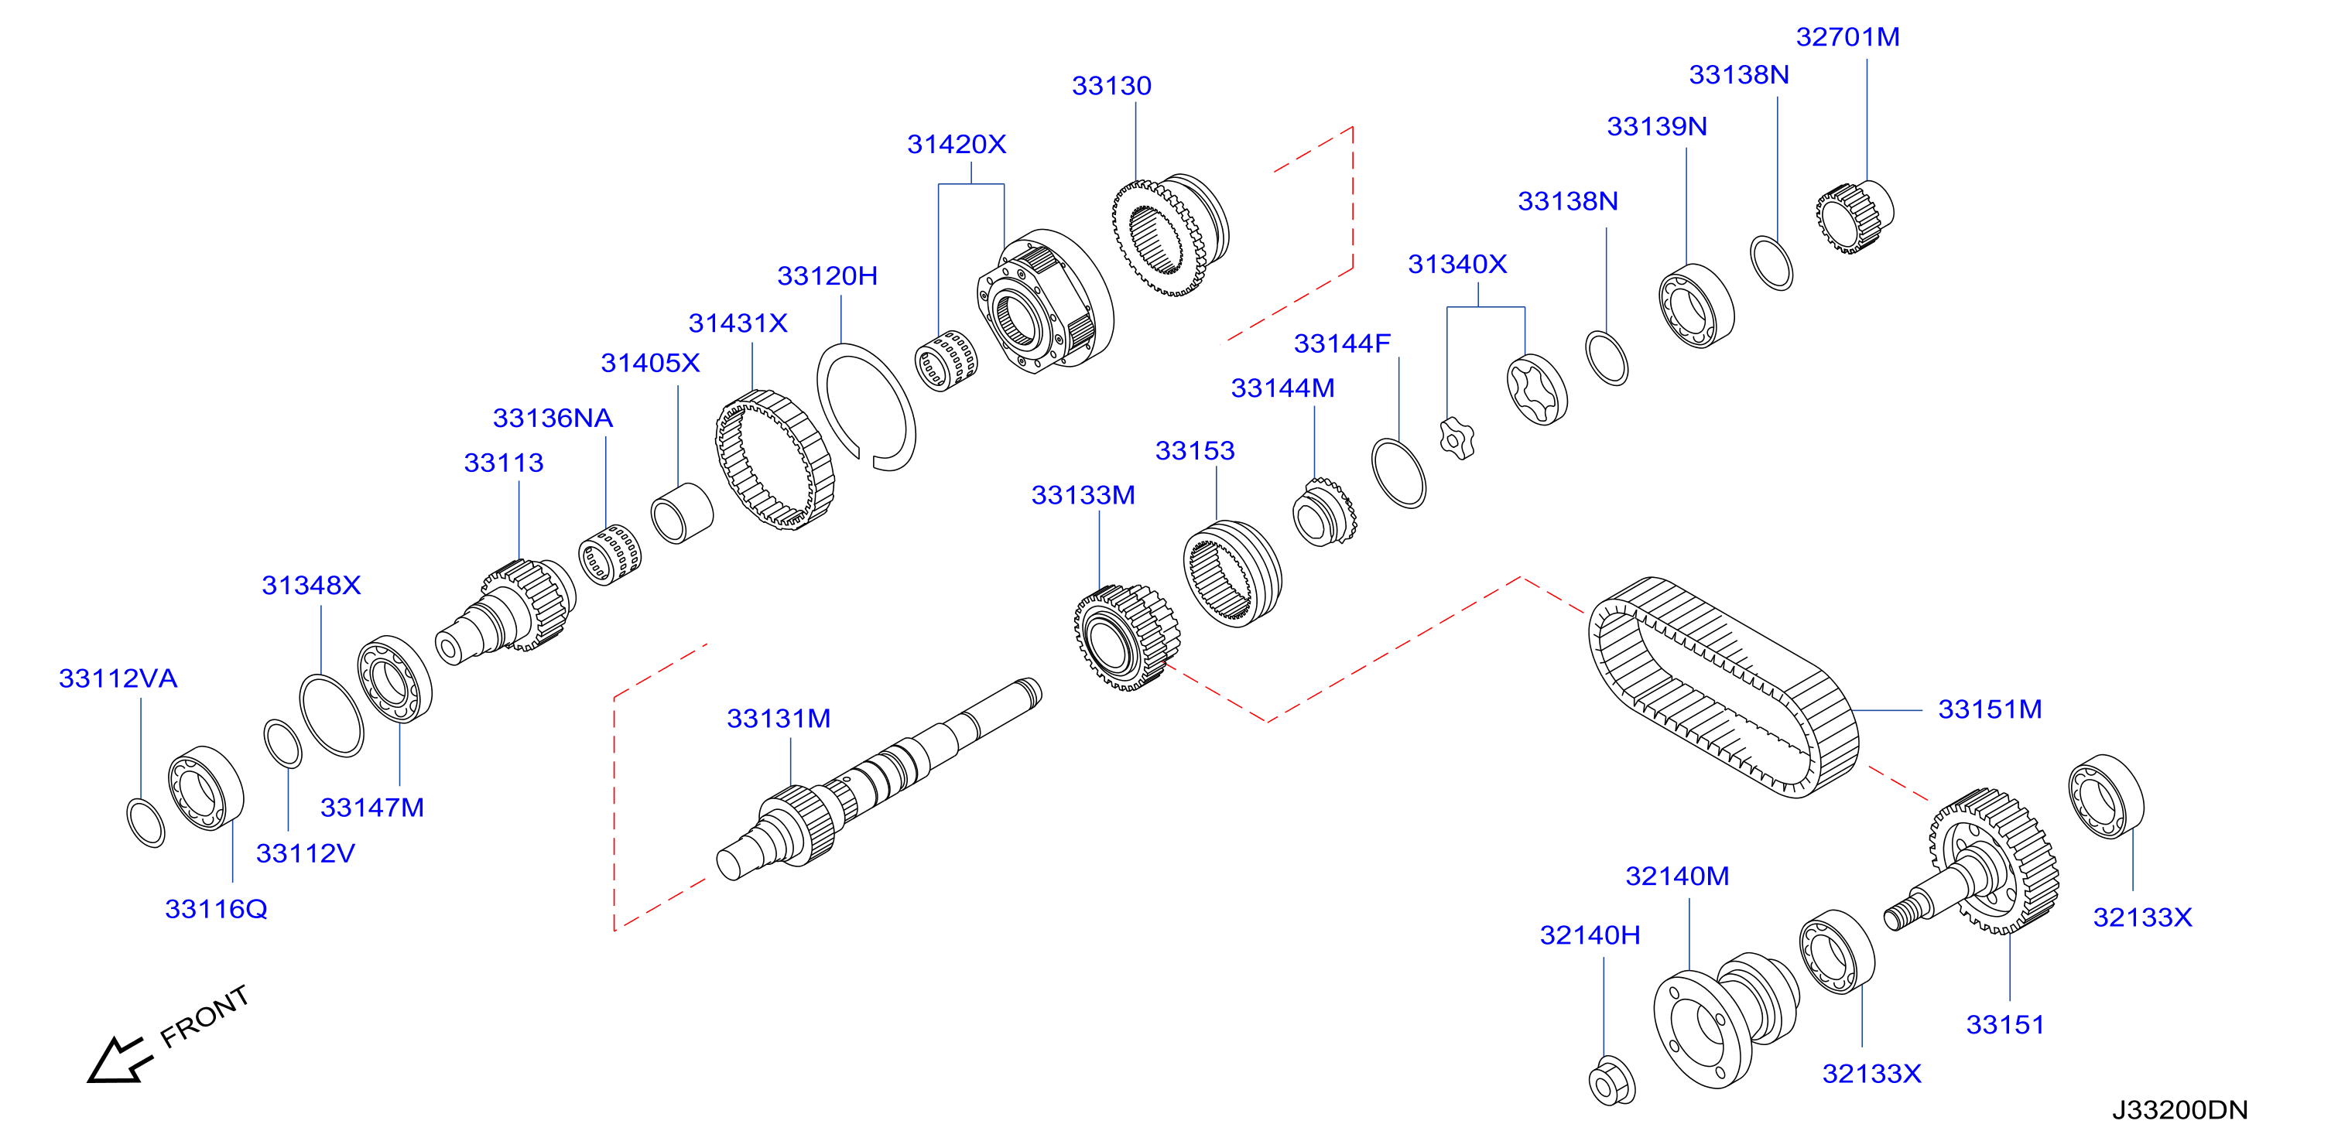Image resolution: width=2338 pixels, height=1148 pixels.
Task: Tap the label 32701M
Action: pyautogui.click(x=1847, y=37)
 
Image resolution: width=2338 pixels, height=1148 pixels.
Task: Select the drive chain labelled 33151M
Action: pyautogui.click(x=1723, y=687)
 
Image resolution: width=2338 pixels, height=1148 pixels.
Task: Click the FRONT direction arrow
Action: pyautogui.click(x=118, y=1060)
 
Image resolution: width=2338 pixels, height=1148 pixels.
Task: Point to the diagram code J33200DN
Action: pyautogui.click(x=2179, y=1110)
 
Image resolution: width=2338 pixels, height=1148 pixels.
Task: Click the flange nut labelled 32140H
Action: pyautogui.click(x=1612, y=1081)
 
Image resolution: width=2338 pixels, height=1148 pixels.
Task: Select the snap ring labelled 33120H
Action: pyautogui.click(x=866, y=408)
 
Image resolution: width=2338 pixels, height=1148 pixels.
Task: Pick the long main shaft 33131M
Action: pyautogui.click(x=878, y=780)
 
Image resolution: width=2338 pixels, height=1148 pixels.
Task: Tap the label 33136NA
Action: pyautogui.click(x=552, y=419)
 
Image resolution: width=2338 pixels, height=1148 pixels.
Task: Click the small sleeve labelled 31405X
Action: pyautogui.click(x=682, y=513)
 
